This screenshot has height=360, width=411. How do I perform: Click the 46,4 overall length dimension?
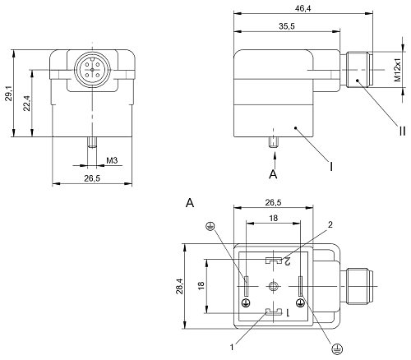coord(302,8)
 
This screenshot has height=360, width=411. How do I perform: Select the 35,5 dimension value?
coord(287,26)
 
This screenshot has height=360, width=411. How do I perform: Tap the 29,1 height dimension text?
coord(8,93)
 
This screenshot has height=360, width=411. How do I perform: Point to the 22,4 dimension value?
coord(26,104)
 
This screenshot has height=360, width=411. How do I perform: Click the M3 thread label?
coord(112,160)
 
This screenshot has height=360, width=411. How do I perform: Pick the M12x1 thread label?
coord(397,70)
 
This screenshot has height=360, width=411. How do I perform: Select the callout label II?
coord(402,132)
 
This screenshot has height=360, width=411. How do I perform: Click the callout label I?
coord(331,166)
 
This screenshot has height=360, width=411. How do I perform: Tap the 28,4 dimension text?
coord(179,286)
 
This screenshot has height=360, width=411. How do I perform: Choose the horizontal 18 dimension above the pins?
coord(274,218)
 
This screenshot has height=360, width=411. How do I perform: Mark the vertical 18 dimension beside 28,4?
coord(201,286)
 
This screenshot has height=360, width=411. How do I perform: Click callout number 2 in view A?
coord(330,224)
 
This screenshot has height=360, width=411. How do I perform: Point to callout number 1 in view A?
coord(232,348)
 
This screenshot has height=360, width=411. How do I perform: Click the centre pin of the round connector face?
coord(92,70)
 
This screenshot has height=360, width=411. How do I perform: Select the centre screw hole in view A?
coord(273,287)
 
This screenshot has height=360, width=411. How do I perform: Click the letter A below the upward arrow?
coord(273,174)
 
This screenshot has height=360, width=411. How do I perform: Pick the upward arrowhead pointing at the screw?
coord(275,155)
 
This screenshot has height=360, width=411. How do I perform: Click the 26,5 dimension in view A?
coord(273,202)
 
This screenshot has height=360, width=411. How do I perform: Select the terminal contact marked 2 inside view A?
coord(274,261)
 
